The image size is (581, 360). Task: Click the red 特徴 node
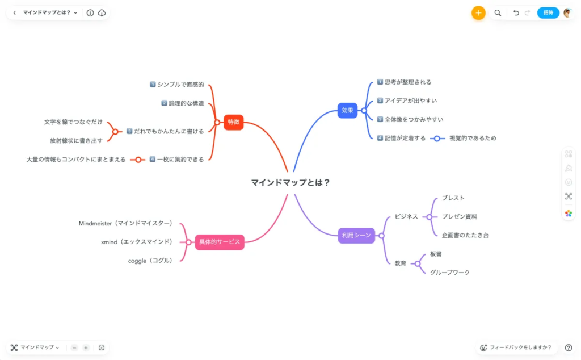pyautogui.click(x=233, y=122)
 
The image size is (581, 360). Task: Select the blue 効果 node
pyautogui.click(x=347, y=111)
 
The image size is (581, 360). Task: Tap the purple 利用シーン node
pyautogui.click(x=356, y=236)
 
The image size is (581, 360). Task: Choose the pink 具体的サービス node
pyautogui.click(x=220, y=242)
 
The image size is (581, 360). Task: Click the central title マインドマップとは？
pyautogui.click(x=290, y=182)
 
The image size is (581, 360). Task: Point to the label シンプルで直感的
pyautogui.click(x=181, y=85)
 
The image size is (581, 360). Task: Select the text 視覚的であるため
pyautogui.click(x=473, y=139)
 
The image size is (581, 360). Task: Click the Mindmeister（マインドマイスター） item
pyautogui.click(x=125, y=223)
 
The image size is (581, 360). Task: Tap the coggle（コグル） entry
pyautogui.click(x=150, y=261)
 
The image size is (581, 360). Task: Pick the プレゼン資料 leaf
pyautogui.click(x=460, y=216)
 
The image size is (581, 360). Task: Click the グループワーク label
pyautogui.click(x=450, y=273)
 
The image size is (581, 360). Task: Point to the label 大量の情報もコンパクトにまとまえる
pyautogui.click(x=76, y=160)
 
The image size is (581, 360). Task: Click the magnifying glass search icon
pyautogui.click(x=498, y=13)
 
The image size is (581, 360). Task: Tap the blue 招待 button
pyautogui.click(x=548, y=12)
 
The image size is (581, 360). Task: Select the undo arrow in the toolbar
pyautogui.click(x=516, y=12)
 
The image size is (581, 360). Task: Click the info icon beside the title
pyautogui.click(x=90, y=13)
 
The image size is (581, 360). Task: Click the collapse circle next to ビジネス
pyautogui.click(x=429, y=217)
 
